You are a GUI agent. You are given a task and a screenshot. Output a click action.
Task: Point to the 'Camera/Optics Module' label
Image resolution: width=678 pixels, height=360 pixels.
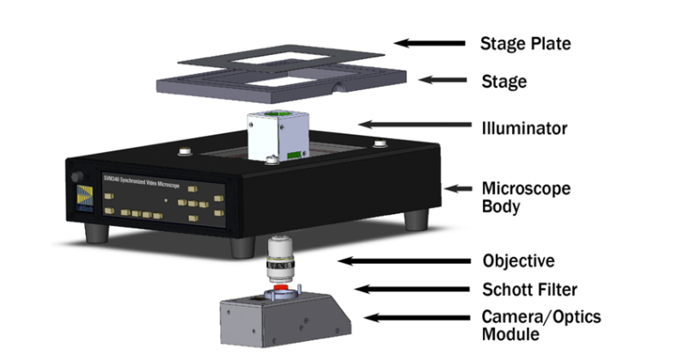point(541,325)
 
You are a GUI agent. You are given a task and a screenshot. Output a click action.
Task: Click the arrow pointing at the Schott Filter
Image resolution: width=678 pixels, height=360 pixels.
point(403,289)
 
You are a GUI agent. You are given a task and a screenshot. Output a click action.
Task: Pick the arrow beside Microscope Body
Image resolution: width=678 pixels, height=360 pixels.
point(460,187)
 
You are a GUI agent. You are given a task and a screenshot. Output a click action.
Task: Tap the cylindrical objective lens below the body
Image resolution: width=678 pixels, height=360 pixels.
point(278,258)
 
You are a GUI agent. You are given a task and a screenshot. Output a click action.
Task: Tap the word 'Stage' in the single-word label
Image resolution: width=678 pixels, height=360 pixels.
point(503,82)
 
